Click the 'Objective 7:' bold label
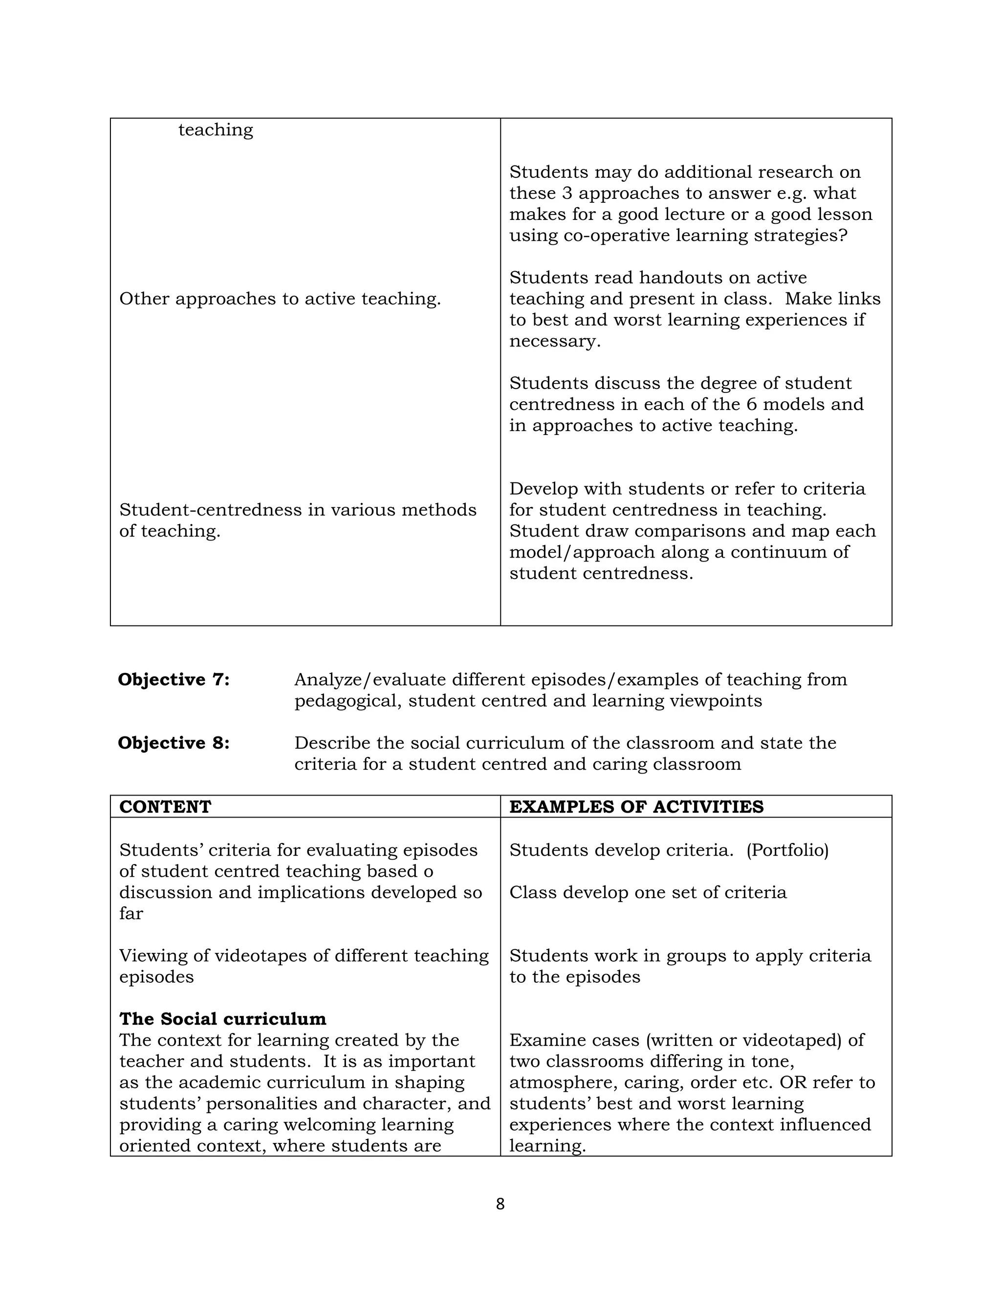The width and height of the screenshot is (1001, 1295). pyautogui.click(x=173, y=680)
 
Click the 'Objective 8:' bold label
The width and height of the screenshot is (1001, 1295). pyautogui.click(x=173, y=743)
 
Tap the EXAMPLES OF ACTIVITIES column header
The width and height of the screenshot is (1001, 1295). pyautogui.click(x=636, y=807)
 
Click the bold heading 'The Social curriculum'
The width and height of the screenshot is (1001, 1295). pyautogui.click(x=222, y=1019)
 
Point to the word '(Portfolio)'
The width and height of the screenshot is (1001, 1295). pyautogui.click(x=787, y=850)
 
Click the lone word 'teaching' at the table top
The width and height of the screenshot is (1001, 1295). pyautogui.click(x=215, y=130)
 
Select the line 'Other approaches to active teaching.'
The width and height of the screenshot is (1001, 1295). pyautogui.click(x=280, y=299)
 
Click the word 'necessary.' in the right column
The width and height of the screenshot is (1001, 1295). pyautogui.click(x=554, y=342)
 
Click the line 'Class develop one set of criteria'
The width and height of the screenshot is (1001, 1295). pyautogui.click(x=648, y=892)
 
